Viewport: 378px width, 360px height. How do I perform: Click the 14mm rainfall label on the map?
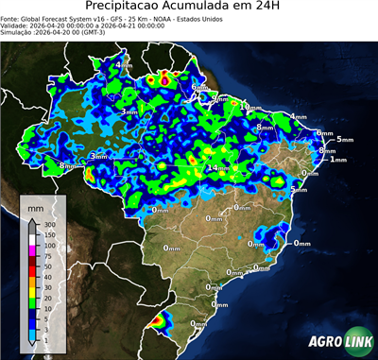pyautogui.click(x=219, y=168)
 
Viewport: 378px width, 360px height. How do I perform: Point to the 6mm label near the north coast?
pyautogui.click(x=199, y=87)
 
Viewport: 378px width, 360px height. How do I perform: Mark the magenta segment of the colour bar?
pyautogui.click(x=33, y=249)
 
